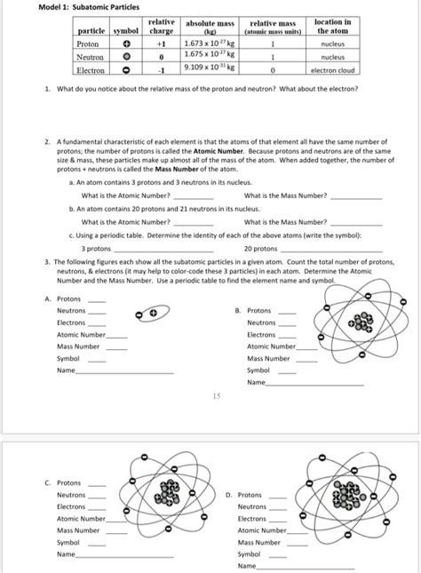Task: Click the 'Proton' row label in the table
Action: [88, 42]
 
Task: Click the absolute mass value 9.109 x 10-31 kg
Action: [207, 67]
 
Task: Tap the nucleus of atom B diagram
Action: [362, 325]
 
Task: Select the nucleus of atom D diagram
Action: [348, 497]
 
